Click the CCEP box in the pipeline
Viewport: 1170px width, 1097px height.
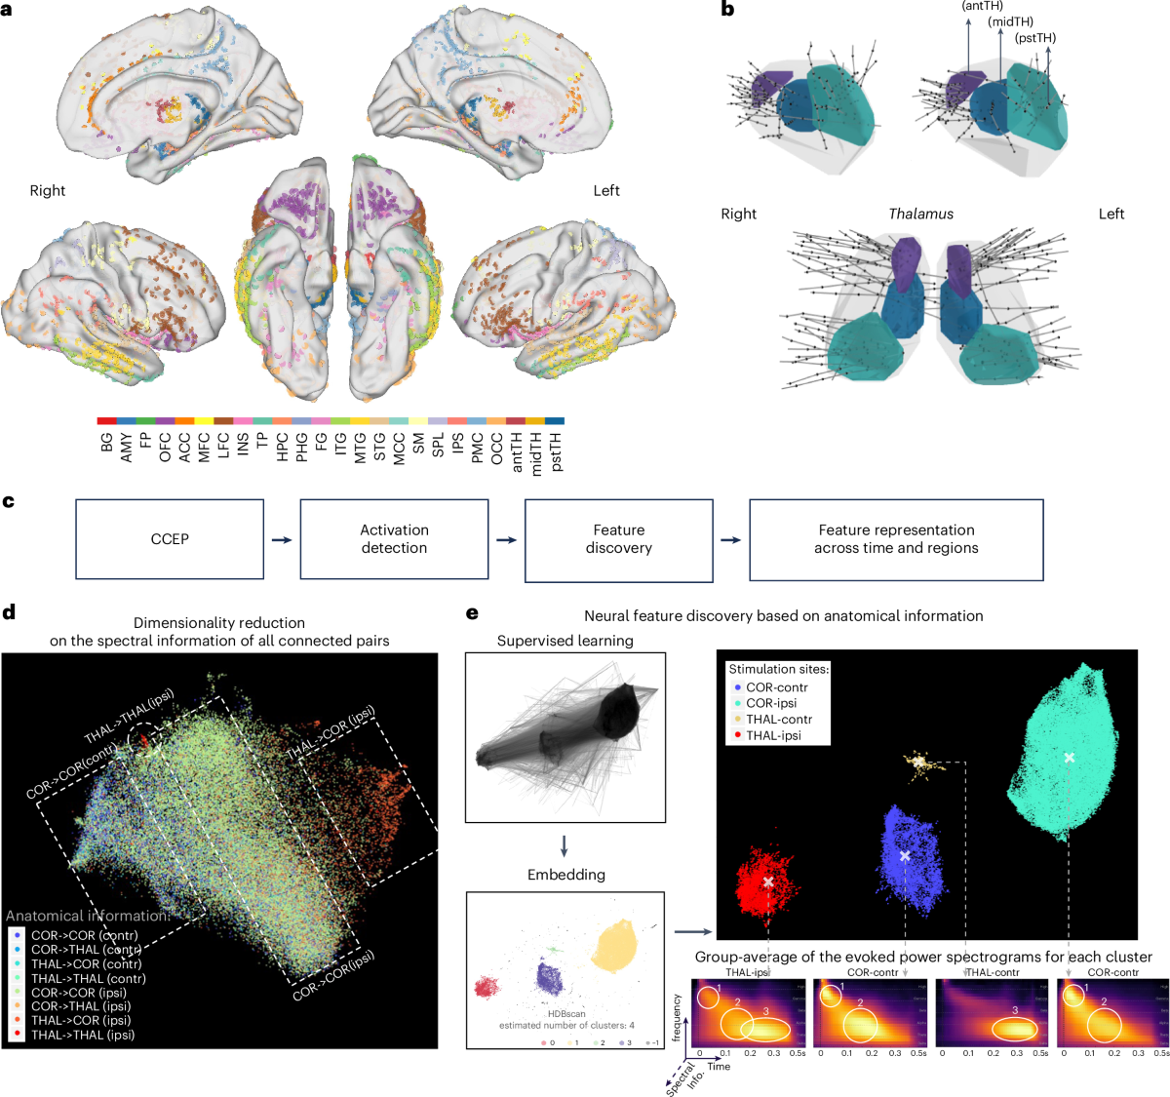point(170,539)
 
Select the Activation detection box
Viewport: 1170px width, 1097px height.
point(394,539)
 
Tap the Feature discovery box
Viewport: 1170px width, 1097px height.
point(619,539)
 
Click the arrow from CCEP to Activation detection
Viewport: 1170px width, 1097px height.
point(282,539)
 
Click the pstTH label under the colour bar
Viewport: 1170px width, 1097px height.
point(556,450)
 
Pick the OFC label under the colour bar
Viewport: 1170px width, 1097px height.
point(165,447)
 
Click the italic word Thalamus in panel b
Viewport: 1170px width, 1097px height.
point(920,214)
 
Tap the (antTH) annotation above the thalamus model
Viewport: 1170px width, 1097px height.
point(982,6)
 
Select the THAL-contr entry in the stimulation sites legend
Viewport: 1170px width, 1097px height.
point(779,719)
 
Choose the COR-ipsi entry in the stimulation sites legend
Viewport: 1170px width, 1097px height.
point(771,703)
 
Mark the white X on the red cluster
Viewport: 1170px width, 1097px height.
point(768,882)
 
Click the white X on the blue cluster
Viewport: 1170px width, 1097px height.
point(905,855)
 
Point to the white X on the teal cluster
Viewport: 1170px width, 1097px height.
point(1070,758)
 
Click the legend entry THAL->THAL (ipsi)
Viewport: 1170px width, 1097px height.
point(83,1035)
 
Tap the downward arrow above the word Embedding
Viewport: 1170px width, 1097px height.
point(565,845)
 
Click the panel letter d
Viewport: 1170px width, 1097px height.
point(9,612)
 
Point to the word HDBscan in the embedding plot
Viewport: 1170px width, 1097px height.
point(566,1014)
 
